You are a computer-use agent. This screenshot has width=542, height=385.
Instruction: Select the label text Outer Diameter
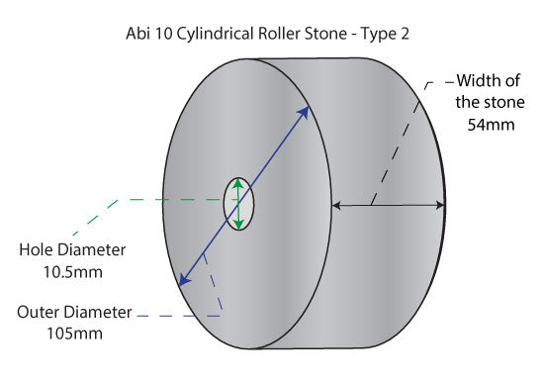74,312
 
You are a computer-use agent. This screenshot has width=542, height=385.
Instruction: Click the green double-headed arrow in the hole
238,204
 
